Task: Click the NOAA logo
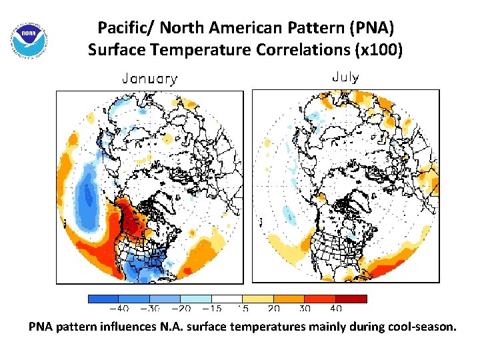[30, 40]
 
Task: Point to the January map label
[150, 79]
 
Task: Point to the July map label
[345, 77]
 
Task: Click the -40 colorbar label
[119, 308]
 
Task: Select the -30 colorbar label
[150, 308]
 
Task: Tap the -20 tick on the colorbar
[181, 308]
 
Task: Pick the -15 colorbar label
[212, 308]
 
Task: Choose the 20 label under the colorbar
[274, 308]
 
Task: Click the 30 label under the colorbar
[305, 308]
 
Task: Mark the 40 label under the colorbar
[336, 308]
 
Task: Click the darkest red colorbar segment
[351, 299]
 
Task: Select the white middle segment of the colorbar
[227, 299]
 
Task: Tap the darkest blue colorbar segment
[103, 299]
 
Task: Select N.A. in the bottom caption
[170, 327]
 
